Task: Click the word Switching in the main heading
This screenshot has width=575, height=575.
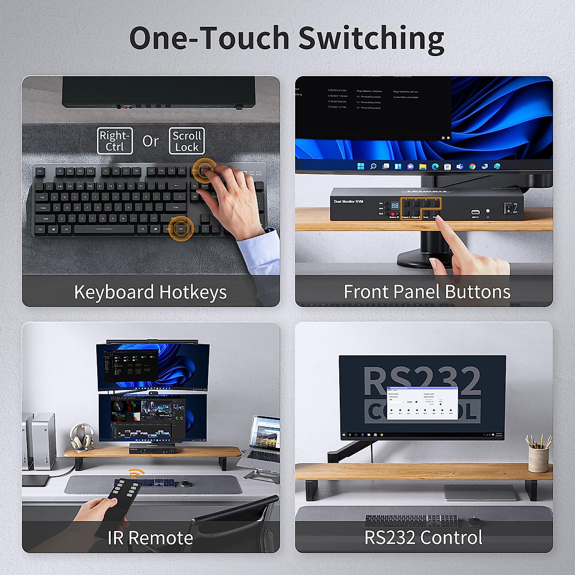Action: coord(371,38)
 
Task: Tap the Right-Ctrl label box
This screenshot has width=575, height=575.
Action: coord(115,141)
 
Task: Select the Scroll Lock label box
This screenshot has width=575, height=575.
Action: coord(187,141)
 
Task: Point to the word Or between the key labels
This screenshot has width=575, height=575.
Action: coord(150,141)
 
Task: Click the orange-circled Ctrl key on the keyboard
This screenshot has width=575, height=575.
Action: coord(181,229)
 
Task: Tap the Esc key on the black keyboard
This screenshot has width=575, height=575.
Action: coord(40,171)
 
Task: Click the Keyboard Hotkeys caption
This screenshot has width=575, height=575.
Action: coord(150,292)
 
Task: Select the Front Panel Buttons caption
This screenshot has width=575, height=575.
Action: coord(427,292)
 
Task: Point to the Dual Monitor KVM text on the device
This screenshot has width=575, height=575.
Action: coord(348,201)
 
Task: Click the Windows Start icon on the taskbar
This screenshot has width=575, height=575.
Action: coord(360,166)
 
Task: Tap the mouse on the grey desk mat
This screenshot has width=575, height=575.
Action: coord(185,483)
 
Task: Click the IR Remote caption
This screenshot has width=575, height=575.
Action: coord(150,538)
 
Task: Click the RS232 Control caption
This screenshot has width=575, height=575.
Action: coord(424,538)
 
